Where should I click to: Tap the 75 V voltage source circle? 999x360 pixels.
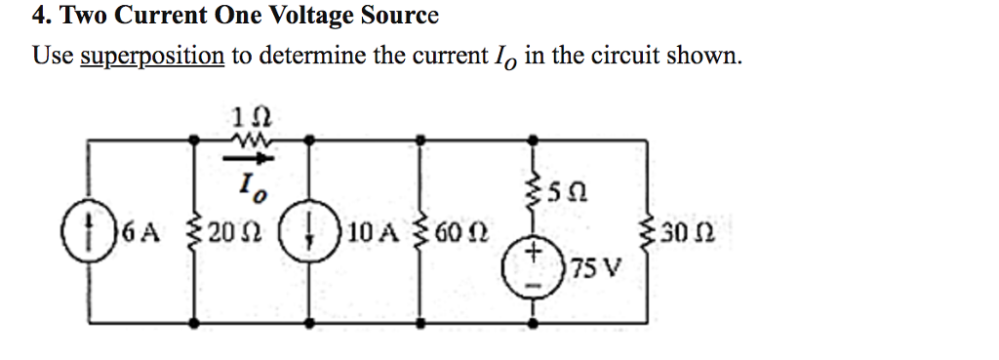(x=534, y=266)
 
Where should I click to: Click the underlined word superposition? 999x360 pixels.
(x=151, y=55)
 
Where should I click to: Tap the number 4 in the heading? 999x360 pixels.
(x=38, y=17)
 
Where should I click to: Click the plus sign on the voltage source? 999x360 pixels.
(x=534, y=253)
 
